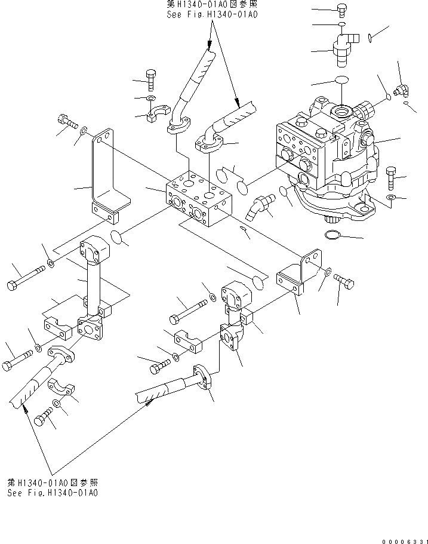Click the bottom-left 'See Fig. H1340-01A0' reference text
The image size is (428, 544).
tap(53, 493)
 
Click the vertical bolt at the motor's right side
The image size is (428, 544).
tap(391, 177)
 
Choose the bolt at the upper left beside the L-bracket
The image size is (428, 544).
tap(68, 123)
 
